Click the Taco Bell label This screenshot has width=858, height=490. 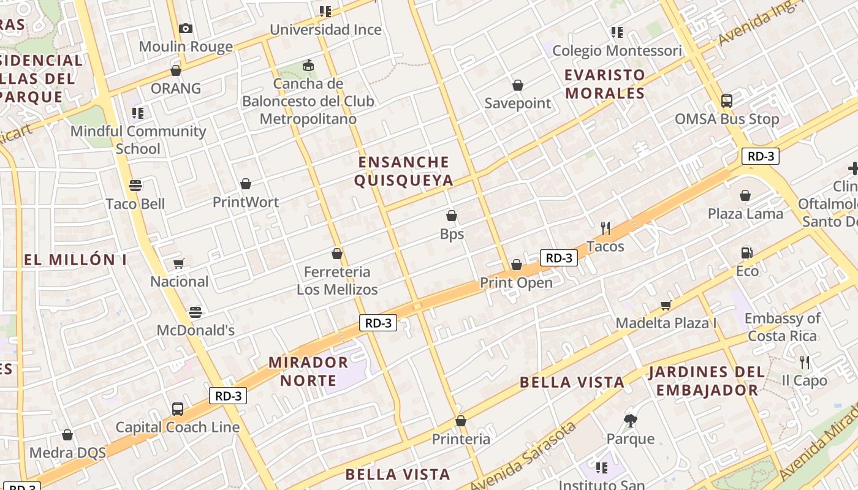pos(135,204)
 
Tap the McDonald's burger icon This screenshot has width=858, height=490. pos(196,312)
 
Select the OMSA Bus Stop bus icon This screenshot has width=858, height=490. pos(727,101)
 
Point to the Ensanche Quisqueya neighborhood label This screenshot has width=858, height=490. pos(404,171)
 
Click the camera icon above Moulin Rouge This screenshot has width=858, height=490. pos(186,28)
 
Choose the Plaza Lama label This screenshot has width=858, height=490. pos(745,214)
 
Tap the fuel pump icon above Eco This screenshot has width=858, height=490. pos(746,252)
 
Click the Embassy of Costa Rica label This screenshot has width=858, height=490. pos(782,327)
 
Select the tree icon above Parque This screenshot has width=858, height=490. pos(631,420)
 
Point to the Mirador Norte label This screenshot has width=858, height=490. pos(308,371)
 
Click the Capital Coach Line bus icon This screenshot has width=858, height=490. pos(178,409)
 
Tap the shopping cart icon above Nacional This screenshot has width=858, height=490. pos(179,263)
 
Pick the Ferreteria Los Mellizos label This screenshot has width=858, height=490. pos(337,280)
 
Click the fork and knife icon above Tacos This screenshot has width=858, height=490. pos(606,228)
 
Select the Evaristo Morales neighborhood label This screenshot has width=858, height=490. pos(605,84)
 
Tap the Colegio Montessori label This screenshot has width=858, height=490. pos(617,51)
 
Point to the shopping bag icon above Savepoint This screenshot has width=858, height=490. pos(518,85)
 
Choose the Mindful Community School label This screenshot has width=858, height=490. pos(139,140)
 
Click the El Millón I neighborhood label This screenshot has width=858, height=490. pos(75,260)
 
